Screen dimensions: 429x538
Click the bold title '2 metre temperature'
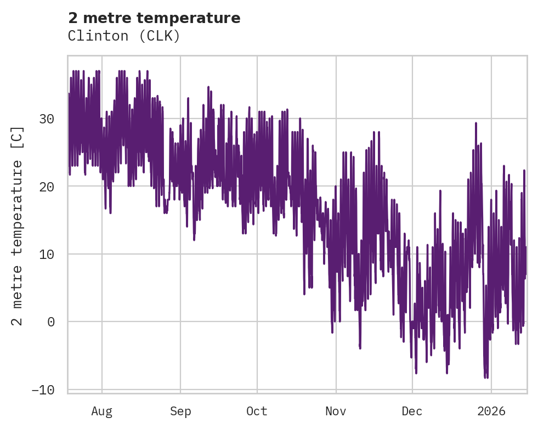point(154,18)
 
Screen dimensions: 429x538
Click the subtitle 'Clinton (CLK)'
point(124,36)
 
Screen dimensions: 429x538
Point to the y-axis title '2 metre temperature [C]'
point(18,225)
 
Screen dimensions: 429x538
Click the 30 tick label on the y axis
point(48,118)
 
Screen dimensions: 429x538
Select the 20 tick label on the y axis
point(48,187)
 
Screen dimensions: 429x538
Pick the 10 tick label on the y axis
point(48,254)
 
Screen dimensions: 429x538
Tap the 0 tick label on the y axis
point(52,321)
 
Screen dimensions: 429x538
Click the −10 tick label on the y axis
point(44,390)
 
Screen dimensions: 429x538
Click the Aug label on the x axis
point(102,411)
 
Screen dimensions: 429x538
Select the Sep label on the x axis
point(180,411)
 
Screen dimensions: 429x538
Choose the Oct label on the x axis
point(257,411)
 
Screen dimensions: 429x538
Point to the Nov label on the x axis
point(336,411)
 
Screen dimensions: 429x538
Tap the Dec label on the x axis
point(412,411)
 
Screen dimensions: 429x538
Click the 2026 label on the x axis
point(491,411)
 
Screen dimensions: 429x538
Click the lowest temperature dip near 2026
point(485,377)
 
